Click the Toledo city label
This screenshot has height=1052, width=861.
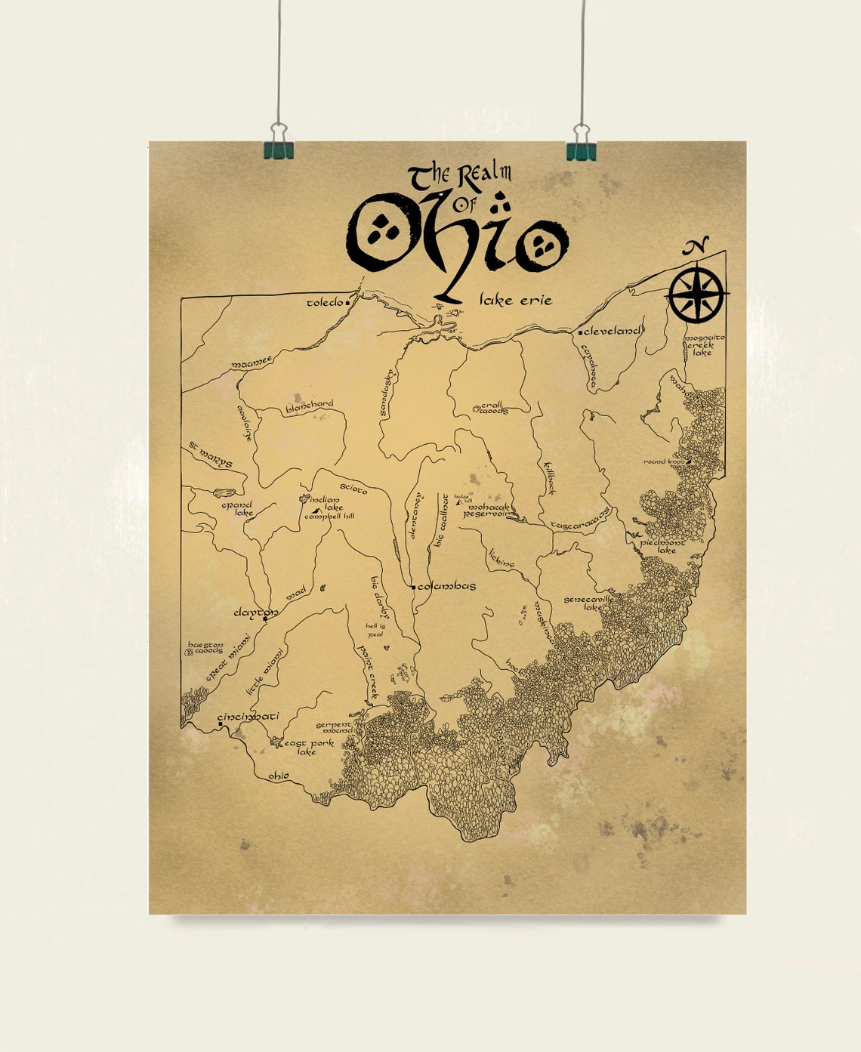tap(325, 303)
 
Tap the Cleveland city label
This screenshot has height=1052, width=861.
tap(613, 331)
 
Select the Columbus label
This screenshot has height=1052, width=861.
tap(446, 586)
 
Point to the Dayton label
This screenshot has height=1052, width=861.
tap(255, 612)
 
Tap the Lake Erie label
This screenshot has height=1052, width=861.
tap(516, 301)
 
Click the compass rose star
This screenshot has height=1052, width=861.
tap(696, 294)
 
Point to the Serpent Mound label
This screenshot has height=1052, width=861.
tap(334, 727)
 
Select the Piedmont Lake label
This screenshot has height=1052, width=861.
tap(663, 546)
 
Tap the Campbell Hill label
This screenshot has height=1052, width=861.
tap(329, 517)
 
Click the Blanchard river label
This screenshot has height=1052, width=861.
tap(309, 407)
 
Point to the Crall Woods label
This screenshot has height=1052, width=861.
tap(494, 408)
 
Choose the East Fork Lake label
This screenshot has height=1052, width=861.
tap(308, 747)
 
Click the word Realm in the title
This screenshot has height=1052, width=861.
tap(483, 174)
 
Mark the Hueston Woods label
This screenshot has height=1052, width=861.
tap(205, 648)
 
